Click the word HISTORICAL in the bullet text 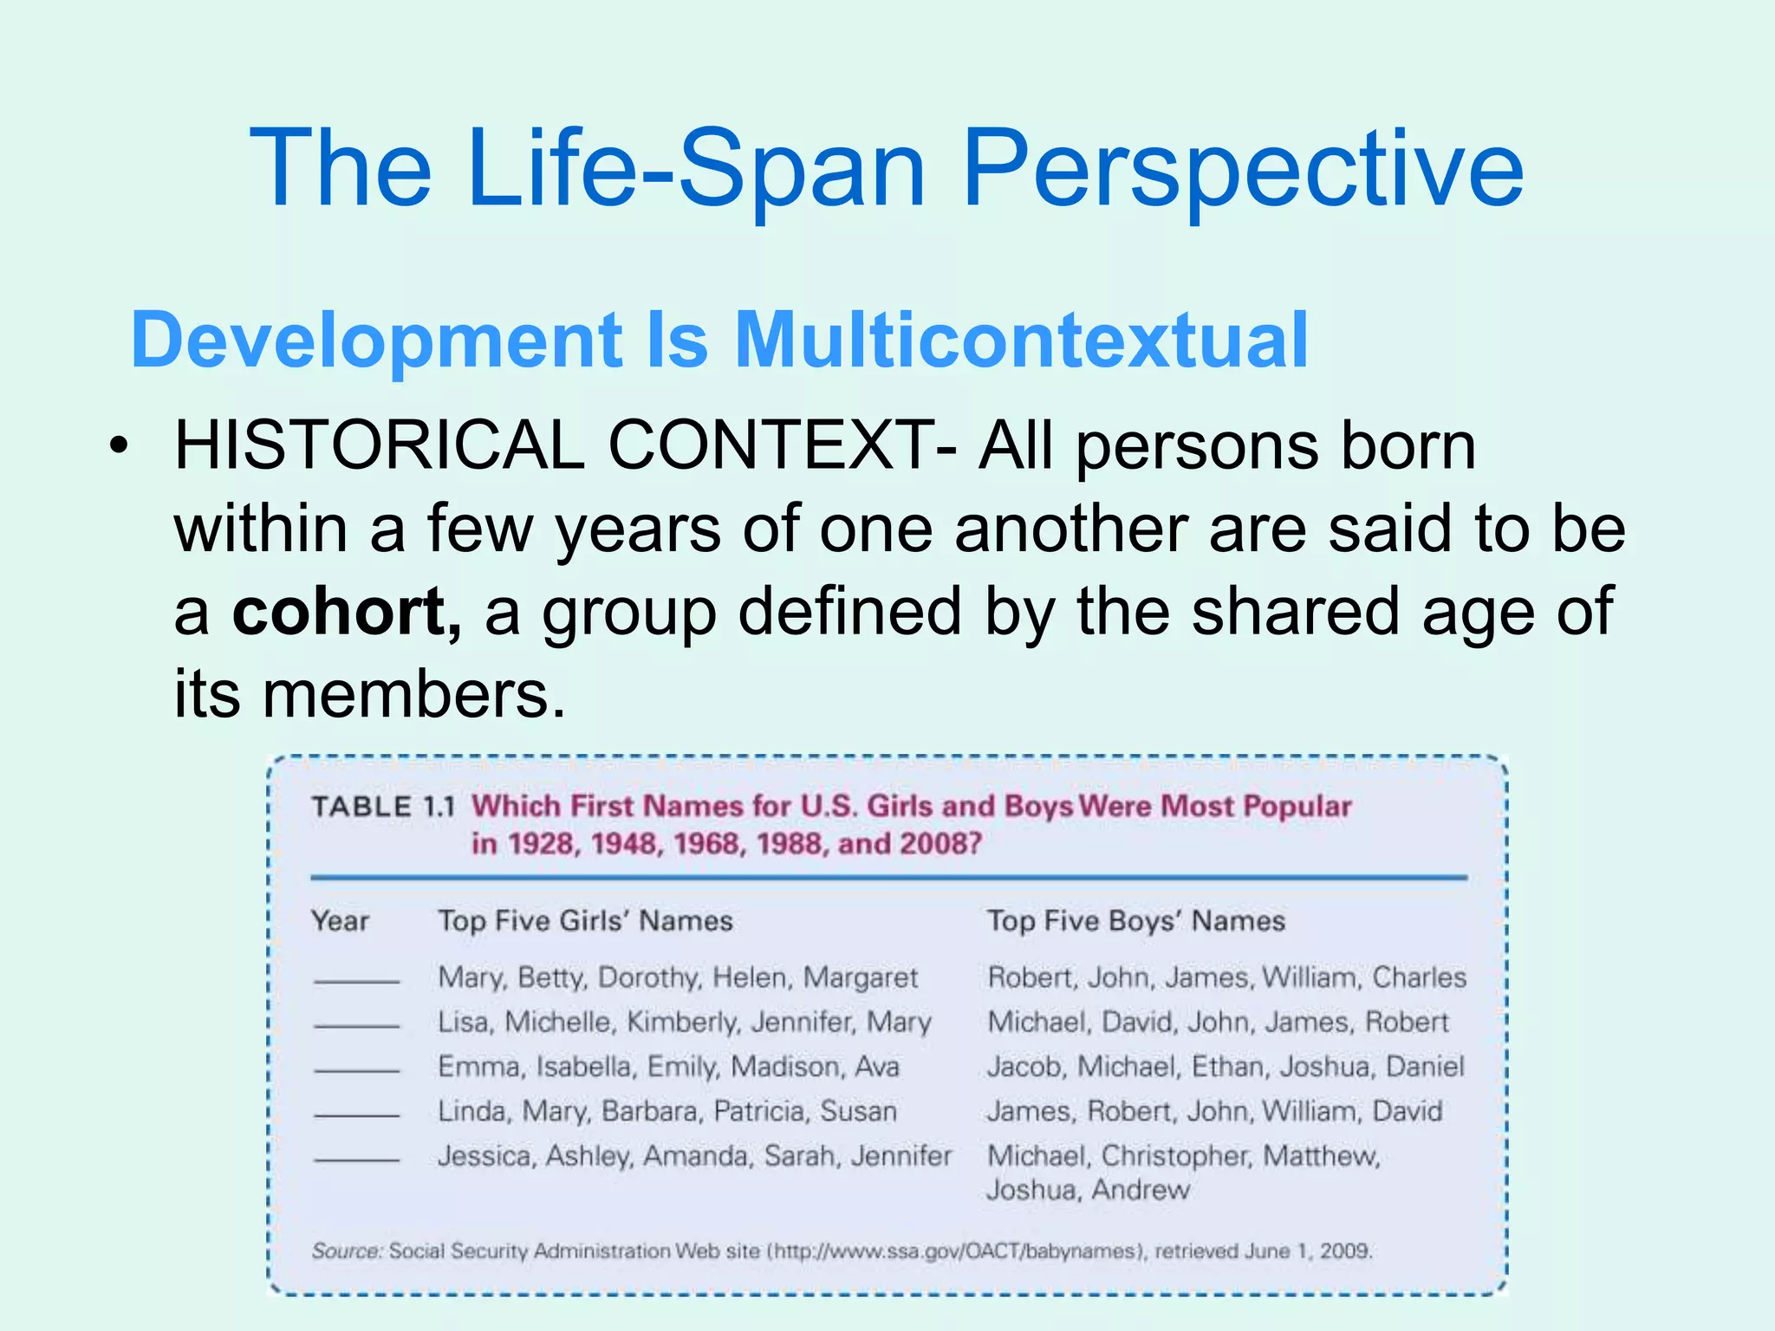coord(379,446)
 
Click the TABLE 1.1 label coord(383,807)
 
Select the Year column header coord(341,920)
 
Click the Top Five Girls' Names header coord(585,920)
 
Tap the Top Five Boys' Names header coord(1135,920)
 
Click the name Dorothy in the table coord(648,978)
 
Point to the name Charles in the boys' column coord(1419,977)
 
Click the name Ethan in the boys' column coord(1226,1067)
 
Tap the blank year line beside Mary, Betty coord(356,981)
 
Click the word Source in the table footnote coord(346,1251)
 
